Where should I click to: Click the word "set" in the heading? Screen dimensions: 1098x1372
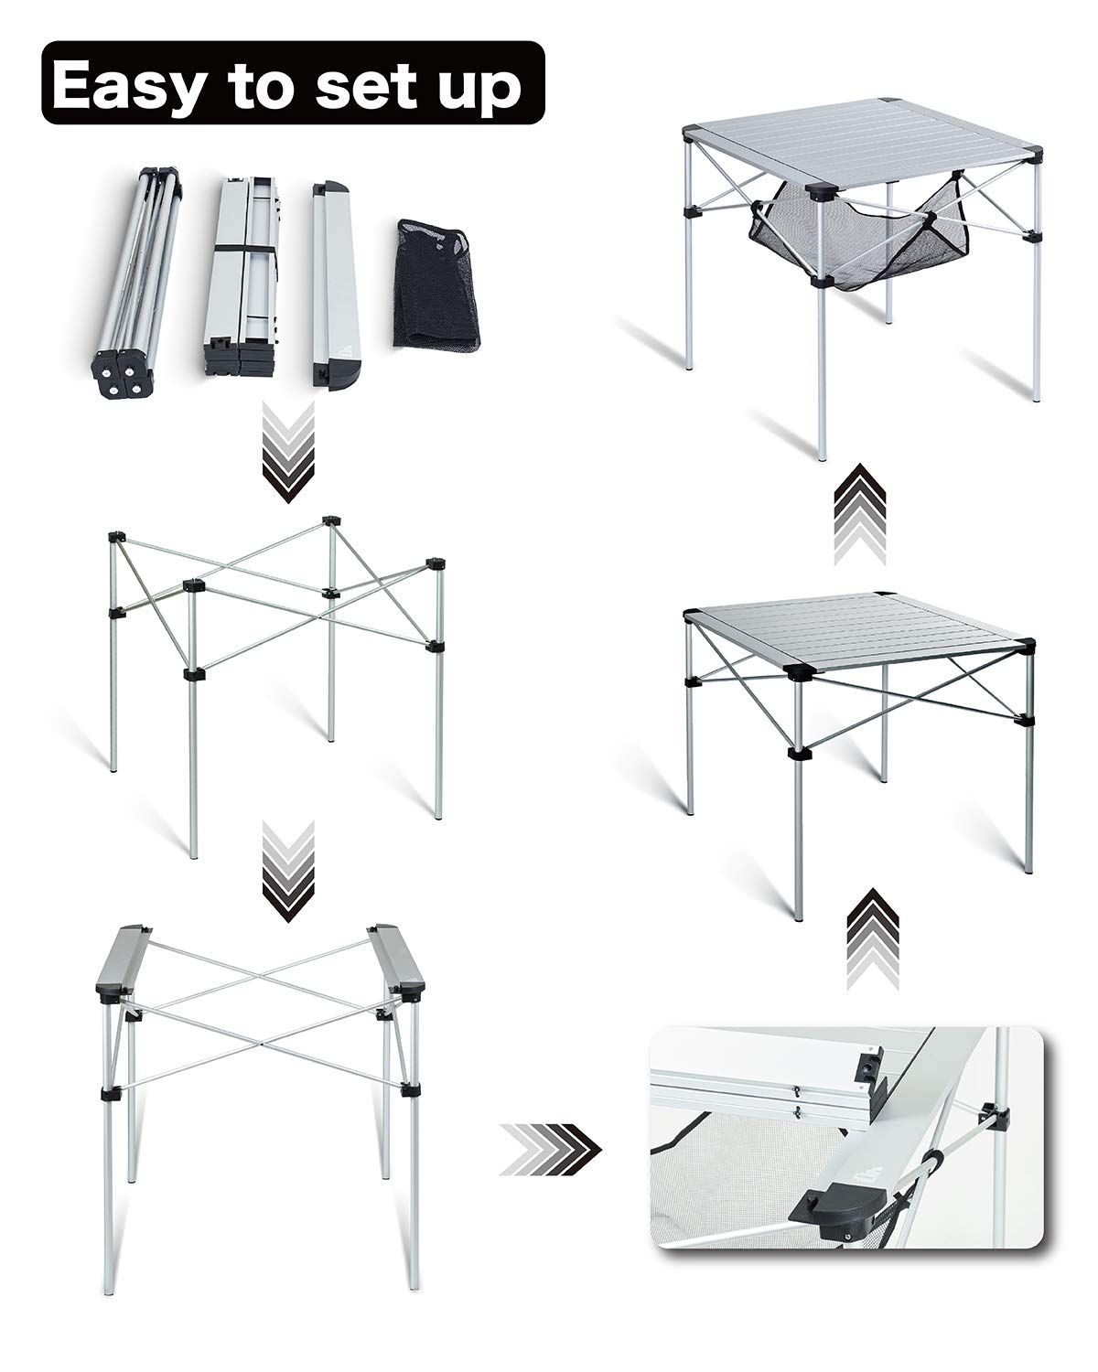coord(364,85)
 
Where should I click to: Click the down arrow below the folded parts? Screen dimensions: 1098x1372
coord(288,451)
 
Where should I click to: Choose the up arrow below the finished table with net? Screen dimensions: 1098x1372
coord(860,514)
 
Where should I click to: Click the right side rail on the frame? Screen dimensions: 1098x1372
coord(397,963)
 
